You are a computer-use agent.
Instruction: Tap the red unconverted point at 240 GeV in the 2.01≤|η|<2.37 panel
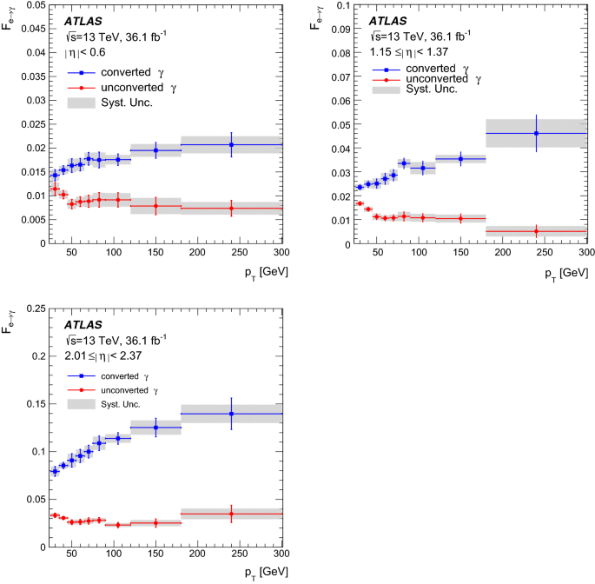tap(232, 514)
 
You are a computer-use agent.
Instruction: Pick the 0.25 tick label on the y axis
tap(30, 309)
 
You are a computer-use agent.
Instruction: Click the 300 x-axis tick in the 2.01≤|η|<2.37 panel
tap(281, 555)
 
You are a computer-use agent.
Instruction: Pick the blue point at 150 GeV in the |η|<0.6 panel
tap(156, 150)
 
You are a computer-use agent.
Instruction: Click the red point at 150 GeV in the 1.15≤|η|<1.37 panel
tap(461, 218)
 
